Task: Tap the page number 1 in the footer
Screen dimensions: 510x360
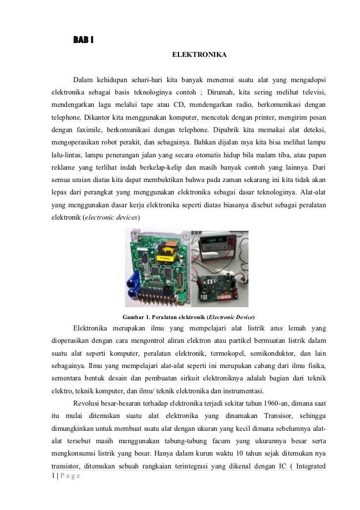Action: click(53, 476)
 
